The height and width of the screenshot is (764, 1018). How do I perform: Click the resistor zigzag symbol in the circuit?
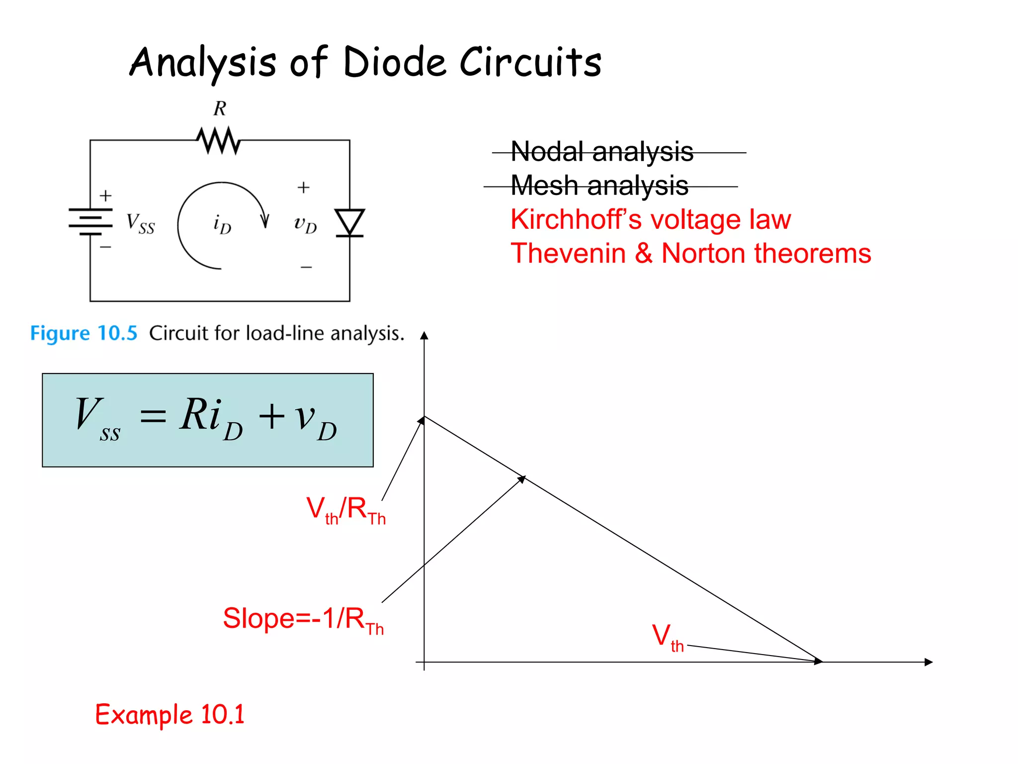click(x=219, y=140)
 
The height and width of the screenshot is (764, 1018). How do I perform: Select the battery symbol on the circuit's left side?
click(x=90, y=221)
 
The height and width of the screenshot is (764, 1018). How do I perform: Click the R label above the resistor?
click(x=220, y=108)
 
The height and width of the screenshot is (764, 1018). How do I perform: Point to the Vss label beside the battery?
click(x=140, y=223)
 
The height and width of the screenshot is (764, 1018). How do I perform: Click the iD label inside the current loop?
click(x=222, y=224)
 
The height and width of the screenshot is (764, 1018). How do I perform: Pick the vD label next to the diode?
click(x=305, y=225)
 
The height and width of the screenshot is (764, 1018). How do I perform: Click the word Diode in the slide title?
click(x=395, y=63)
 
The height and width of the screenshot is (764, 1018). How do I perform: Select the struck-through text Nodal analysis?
click(x=601, y=152)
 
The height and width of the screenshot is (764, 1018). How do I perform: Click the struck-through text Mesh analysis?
click(x=599, y=186)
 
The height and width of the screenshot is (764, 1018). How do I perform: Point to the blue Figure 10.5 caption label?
click(x=84, y=333)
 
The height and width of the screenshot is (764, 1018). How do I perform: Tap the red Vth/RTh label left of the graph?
click(x=345, y=510)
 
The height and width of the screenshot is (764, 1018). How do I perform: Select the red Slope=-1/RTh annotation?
click(x=303, y=620)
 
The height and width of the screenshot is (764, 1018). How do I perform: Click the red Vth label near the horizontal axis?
click(x=668, y=637)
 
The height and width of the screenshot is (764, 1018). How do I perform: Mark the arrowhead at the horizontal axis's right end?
click(x=928, y=662)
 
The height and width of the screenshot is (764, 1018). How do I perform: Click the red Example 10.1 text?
click(x=170, y=715)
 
